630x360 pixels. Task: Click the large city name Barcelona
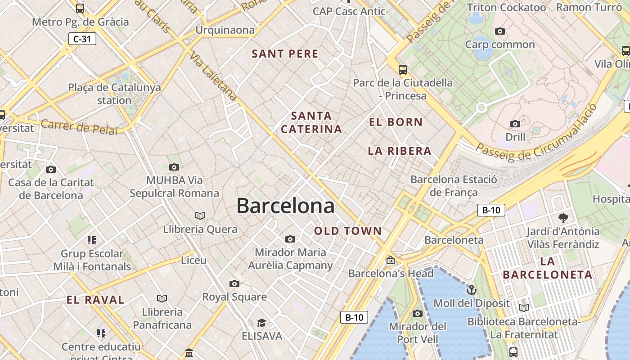point(285,206)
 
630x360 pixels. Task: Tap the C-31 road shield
point(82,39)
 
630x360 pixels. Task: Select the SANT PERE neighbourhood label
point(285,54)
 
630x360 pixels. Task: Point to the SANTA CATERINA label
point(311,122)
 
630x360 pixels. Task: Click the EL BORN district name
point(396,122)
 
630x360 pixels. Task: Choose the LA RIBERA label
point(400,151)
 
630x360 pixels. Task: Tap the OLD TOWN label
point(348,231)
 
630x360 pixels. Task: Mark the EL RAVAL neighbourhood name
point(95,300)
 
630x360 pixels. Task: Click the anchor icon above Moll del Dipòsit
point(472,289)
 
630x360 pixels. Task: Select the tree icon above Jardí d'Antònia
point(563,218)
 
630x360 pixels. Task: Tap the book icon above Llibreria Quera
point(200,216)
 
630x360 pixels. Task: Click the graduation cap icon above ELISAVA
point(261,323)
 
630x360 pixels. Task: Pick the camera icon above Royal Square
point(234,283)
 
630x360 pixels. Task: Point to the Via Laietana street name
point(213,75)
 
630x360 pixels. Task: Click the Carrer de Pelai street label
point(79,127)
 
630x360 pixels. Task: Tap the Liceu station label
point(193,260)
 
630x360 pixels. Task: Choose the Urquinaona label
point(225,30)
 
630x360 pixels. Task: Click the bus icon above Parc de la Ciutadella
point(402,70)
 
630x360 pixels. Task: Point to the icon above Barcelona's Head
point(390,260)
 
